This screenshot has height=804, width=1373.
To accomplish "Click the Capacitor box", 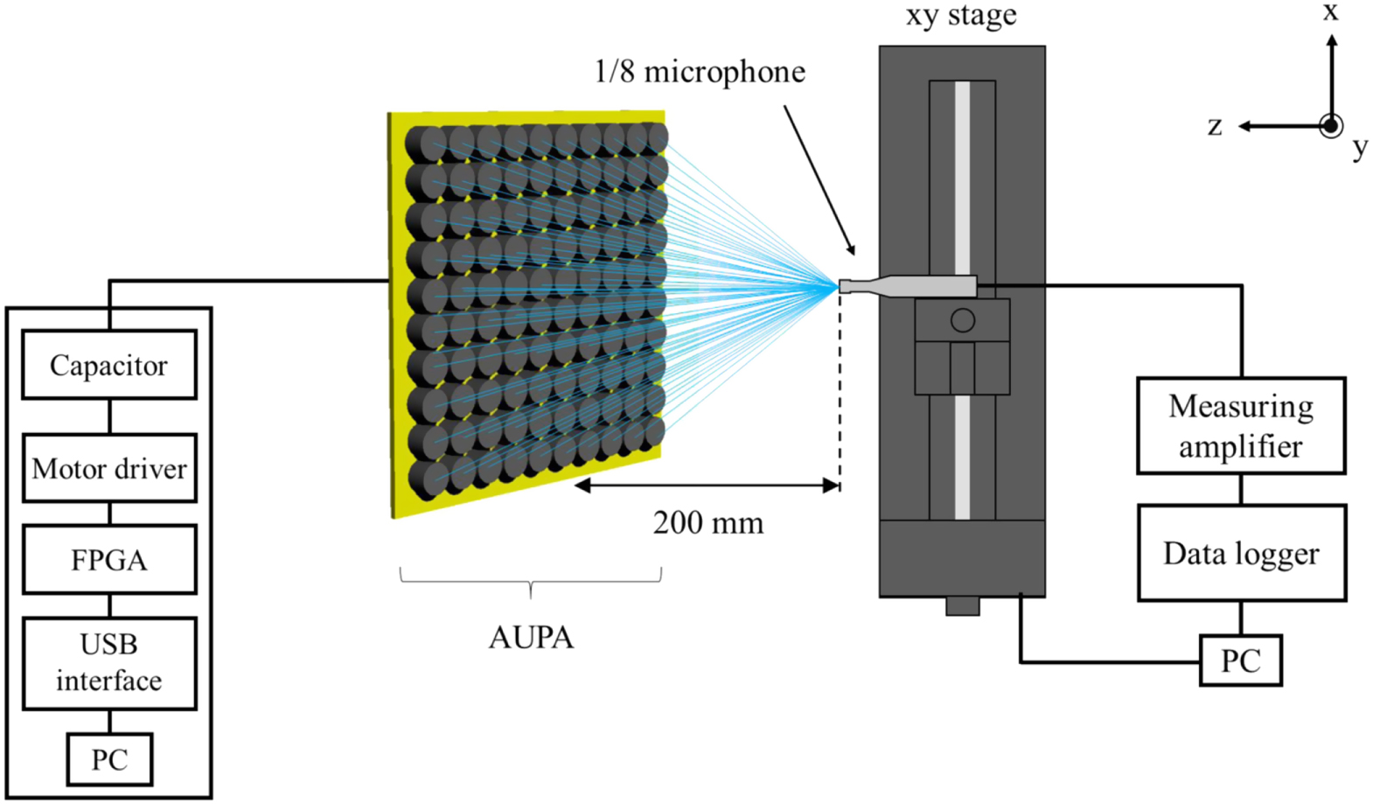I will pyautogui.click(x=108, y=365).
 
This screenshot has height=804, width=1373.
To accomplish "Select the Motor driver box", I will pyautogui.click(x=108, y=468).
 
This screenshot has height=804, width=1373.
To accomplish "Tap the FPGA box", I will pyautogui.click(x=108, y=560).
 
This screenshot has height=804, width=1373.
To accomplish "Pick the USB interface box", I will pyautogui.click(x=108, y=662).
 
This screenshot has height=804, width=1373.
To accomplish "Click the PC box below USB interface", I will pyautogui.click(x=109, y=759).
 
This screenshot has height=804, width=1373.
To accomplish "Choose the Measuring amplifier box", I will pyautogui.click(x=1240, y=426).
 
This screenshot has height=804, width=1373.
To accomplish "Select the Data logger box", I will pyautogui.click(x=1241, y=553).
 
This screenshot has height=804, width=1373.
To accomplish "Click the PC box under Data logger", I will pyautogui.click(x=1240, y=661).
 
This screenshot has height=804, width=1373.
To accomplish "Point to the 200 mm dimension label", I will pyautogui.click(x=707, y=523).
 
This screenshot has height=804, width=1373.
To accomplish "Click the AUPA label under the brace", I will pyautogui.click(x=531, y=637).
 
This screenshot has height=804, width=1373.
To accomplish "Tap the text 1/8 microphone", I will pyautogui.click(x=700, y=72).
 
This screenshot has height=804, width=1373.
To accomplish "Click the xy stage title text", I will pyautogui.click(x=961, y=16).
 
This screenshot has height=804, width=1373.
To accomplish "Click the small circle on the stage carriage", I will pyautogui.click(x=962, y=320).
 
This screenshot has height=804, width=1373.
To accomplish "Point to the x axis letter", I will pyautogui.click(x=1330, y=11).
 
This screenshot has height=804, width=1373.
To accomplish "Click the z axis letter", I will pyautogui.click(x=1215, y=126).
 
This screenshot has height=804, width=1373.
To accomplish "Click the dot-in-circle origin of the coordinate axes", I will pyautogui.click(x=1331, y=126).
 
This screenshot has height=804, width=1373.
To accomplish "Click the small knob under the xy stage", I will pyautogui.click(x=962, y=605).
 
